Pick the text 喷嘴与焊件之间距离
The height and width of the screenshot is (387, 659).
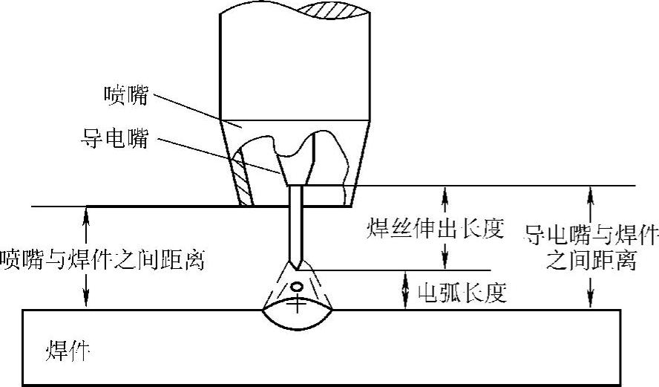[x=102, y=260]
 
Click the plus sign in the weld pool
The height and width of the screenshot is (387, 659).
[x=298, y=303]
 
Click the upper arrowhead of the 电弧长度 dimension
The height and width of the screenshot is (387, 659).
[x=405, y=276]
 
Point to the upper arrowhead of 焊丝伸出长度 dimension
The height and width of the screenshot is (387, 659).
[x=445, y=192]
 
